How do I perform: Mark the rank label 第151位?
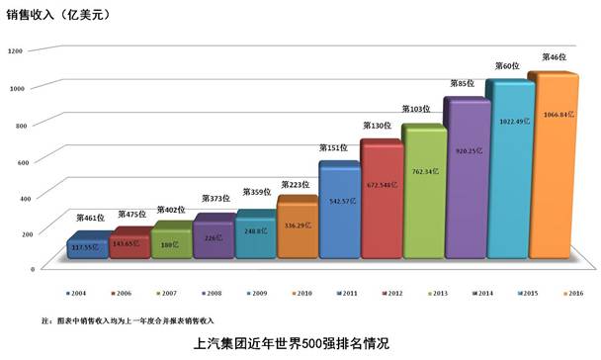coord(333,148)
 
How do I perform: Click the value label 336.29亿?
coord(298,225)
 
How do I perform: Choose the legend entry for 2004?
coord(75,294)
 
